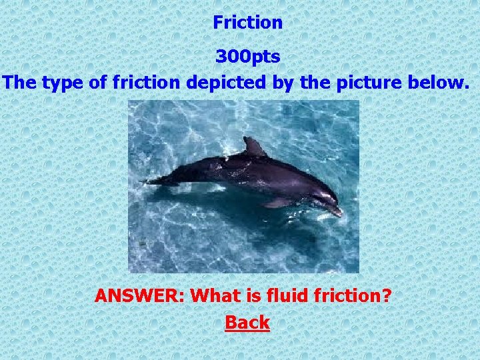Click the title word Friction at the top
[247, 23]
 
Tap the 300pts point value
[247, 57]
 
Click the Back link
[247, 323]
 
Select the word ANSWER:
[140, 295]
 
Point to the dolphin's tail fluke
[157, 179]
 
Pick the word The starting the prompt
[20, 83]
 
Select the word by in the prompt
[274, 83]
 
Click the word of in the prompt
[97, 83]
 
